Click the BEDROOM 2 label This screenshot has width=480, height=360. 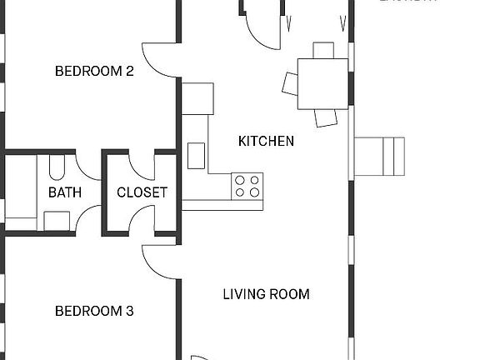pyautogui.click(x=94, y=71)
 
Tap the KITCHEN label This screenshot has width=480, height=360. pyautogui.click(x=266, y=141)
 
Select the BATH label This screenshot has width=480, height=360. pyautogui.click(x=65, y=192)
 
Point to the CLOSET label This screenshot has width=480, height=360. pyautogui.click(x=142, y=192)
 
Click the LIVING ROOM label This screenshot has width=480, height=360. pyautogui.click(x=266, y=294)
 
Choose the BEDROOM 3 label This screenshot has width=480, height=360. pyautogui.click(x=94, y=312)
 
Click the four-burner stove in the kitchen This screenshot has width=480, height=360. pyautogui.click(x=247, y=186)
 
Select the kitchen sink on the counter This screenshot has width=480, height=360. pyautogui.click(x=197, y=155)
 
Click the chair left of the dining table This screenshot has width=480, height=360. pyautogui.click(x=291, y=82)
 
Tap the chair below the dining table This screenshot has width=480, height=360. pyautogui.click(x=327, y=117)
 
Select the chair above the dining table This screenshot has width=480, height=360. pyautogui.click(x=323, y=50)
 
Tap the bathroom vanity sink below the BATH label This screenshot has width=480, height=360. pyautogui.click(x=57, y=220)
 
